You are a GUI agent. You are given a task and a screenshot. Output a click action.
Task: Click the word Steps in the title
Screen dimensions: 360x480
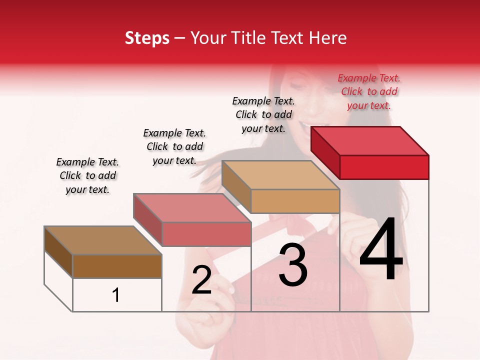click(x=147, y=38)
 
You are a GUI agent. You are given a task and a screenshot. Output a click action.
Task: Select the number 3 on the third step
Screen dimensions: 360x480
click(x=293, y=265)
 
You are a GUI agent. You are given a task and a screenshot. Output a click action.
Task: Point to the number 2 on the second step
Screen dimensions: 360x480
click(x=202, y=280)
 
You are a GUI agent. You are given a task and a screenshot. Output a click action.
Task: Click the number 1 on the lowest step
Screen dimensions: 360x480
click(x=116, y=295)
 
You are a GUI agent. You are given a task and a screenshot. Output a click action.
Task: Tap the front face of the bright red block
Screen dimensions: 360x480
click(x=384, y=167)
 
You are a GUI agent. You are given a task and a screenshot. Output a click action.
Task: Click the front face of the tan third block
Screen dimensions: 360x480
click(x=295, y=201)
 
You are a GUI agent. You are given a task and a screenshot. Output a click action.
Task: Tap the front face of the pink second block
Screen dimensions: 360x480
click(x=206, y=234)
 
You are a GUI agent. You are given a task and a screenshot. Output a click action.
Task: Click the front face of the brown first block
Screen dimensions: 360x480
click(x=117, y=266)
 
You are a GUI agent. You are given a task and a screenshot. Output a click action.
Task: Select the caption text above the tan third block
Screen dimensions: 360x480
click(x=263, y=114)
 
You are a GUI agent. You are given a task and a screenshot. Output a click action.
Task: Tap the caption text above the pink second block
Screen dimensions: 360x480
click(x=174, y=146)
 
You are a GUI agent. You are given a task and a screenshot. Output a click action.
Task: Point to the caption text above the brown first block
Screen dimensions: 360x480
click(x=87, y=175)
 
